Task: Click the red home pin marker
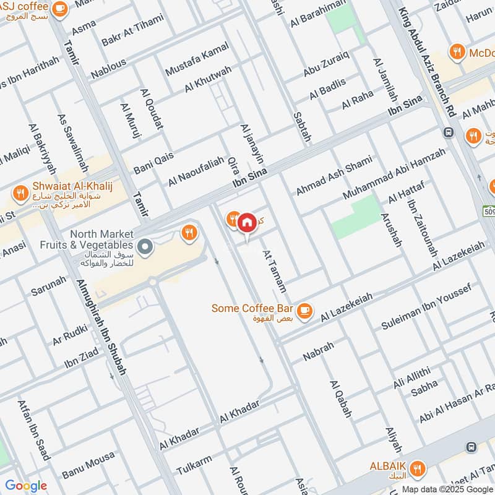click(x=247, y=222)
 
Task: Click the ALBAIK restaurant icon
click(x=418, y=467)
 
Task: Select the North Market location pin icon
click(x=145, y=247)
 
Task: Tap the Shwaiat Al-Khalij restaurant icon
click(x=20, y=192)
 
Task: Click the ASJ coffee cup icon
click(x=59, y=8)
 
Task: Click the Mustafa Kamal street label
click(x=197, y=59)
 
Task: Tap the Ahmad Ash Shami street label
click(x=334, y=176)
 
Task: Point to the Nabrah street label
click(x=318, y=351)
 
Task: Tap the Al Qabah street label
click(x=341, y=398)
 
